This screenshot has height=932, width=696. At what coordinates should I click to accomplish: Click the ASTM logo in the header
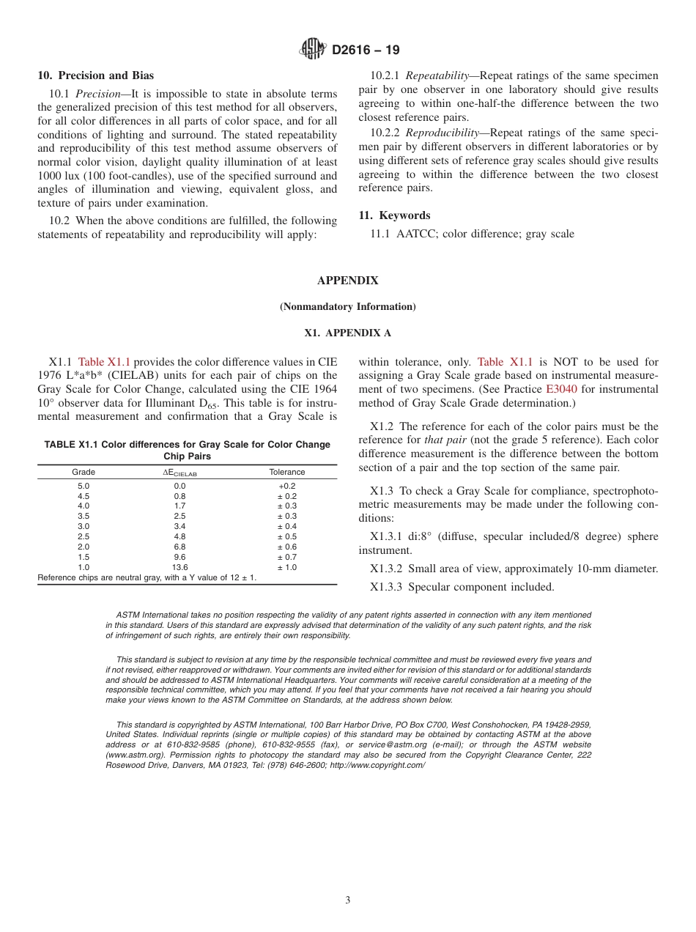pos(313,50)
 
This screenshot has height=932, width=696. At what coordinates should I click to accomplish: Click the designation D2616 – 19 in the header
pos(366,51)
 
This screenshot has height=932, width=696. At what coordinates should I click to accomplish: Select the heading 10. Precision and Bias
pos(95,75)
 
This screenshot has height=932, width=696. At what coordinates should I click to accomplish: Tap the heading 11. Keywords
pos(394,215)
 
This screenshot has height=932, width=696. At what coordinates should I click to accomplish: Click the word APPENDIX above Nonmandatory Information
pos(347,281)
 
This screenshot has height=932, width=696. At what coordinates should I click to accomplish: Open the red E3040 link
pos(561,389)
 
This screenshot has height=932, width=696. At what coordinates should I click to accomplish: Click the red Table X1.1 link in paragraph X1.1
pos(104,362)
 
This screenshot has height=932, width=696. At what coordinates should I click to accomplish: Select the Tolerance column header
pos(287,472)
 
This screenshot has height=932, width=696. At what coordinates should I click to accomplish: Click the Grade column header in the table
pos(84,472)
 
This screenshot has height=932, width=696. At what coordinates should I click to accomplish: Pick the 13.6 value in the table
pos(179,567)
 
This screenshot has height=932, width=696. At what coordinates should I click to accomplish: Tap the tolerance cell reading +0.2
pos(287,486)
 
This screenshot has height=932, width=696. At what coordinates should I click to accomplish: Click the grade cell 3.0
pos(84,526)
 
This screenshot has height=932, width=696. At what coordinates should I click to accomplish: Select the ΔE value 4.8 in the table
pos(179,536)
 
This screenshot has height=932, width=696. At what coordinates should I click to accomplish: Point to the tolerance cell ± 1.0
pos(287,567)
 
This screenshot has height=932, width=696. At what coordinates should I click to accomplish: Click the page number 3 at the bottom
pos(348,900)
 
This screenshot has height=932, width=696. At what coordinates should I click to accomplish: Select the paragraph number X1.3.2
pos(386,569)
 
